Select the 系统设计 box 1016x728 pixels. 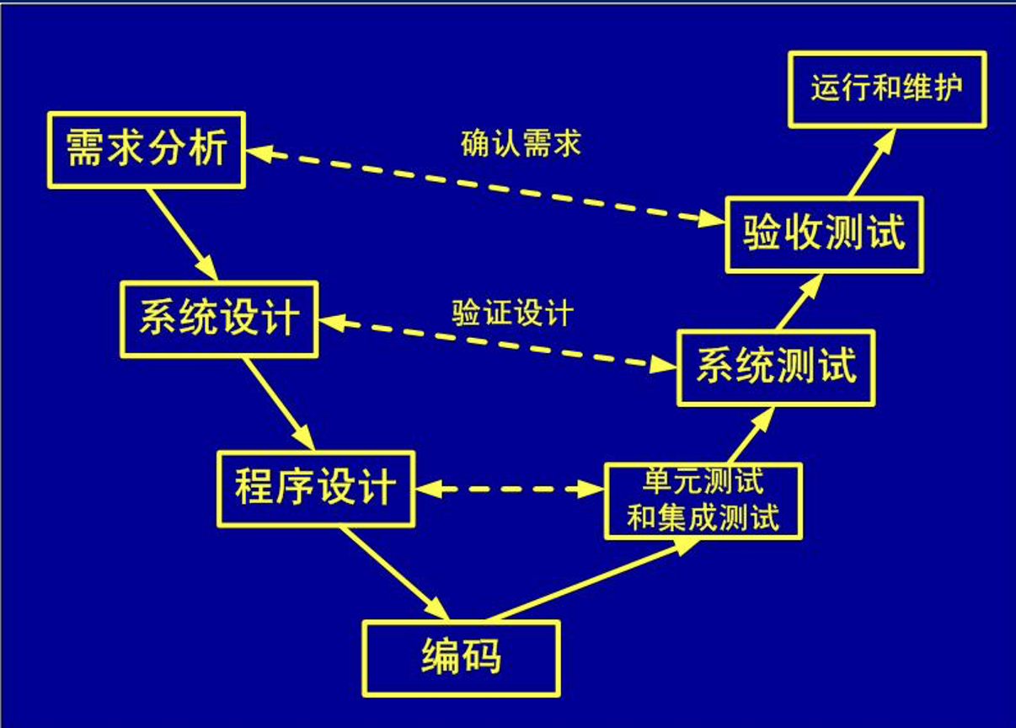click(219, 319)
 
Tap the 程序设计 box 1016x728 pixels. click(315, 489)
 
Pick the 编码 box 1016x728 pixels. click(461, 658)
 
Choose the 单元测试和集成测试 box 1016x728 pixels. click(703, 500)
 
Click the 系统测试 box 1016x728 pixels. click(776, 367)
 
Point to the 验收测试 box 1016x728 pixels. click(824, 234)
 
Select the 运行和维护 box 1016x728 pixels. click(886, 89)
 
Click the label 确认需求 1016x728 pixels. click(521, 144)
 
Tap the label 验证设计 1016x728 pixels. click(512, 313)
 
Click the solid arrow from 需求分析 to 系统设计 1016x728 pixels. click(182, 233)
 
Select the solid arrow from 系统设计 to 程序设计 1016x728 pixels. click(279, 404)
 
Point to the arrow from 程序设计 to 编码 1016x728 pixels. click(393, 573)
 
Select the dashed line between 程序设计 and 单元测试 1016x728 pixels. click(510, 489)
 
